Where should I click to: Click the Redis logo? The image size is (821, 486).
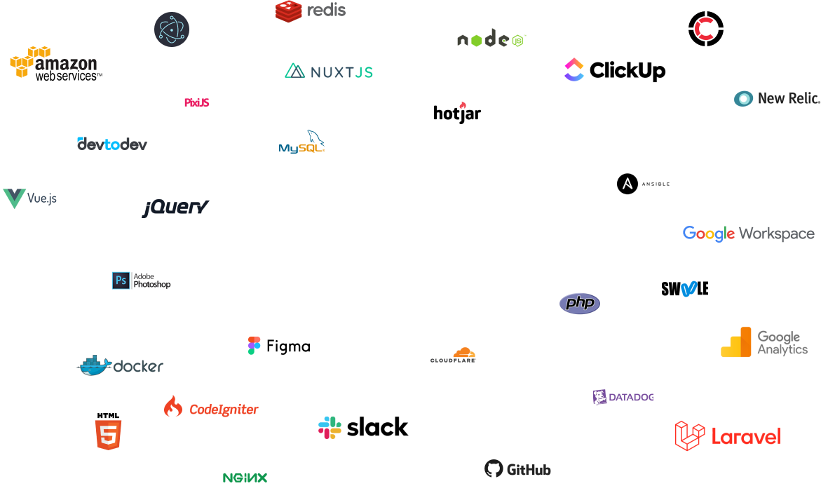[x=311, y=11]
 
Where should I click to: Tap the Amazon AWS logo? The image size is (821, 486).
[x=53, y=62]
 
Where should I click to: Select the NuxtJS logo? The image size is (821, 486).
[x=329, y=72]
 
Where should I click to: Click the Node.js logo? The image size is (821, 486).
[x=491, y=40]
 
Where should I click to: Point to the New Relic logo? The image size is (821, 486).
[x=776, y=98]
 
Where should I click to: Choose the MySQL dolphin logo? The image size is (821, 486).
[x=302, y=142]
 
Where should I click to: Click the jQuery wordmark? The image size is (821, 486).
[x=175, y=208]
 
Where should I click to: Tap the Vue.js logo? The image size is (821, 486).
[x=29, y=198]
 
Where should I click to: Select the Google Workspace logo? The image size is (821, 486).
[x=748, y=234]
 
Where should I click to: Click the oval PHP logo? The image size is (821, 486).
[x=580, y=303]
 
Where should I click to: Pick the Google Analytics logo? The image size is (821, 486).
[x=764, y=342]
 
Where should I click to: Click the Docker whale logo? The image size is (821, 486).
[x=120, y=365]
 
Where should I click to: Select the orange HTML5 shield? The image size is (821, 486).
[x=108, y=435]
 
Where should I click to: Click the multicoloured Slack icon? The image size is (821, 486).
[x=330, y=427]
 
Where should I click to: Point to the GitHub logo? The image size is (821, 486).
[x=517, y=468]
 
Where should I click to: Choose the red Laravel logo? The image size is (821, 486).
[x=728, y=436]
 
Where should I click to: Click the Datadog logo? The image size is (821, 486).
[x=623, y=397]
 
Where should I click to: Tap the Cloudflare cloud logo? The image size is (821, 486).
[x=454, y=355]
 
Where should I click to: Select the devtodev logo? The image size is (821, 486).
[x=112, y=144]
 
